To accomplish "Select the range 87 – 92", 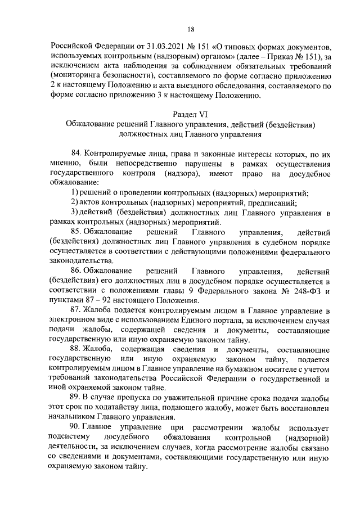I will tap(94, 300).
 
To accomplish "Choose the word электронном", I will tap(73, 319).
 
